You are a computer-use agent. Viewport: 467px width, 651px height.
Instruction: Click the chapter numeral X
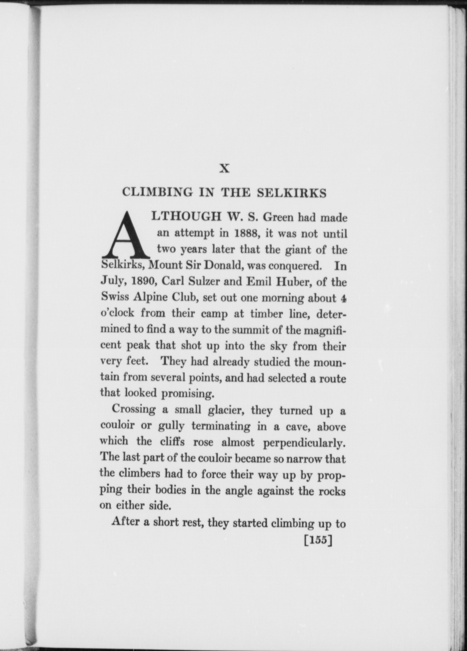pos(224,169)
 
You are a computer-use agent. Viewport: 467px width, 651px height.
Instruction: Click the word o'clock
pos(117,313)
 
